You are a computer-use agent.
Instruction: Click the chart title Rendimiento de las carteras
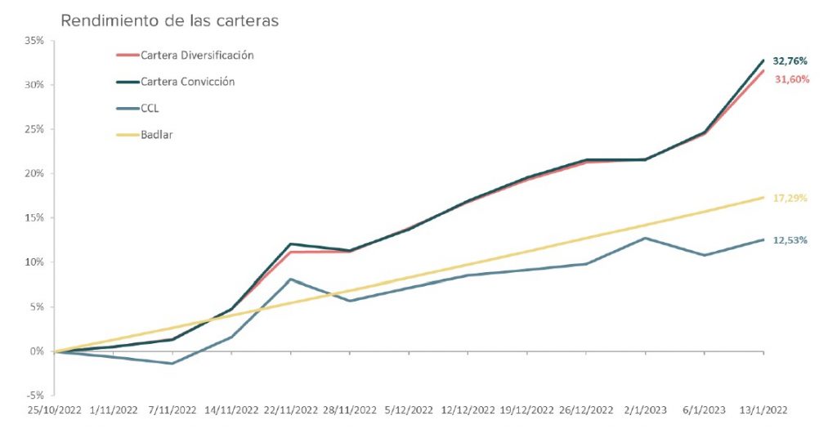[x=169, y=20]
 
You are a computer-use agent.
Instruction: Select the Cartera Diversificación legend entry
[x=197, y=56]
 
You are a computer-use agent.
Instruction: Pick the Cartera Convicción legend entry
[x=188, y=82]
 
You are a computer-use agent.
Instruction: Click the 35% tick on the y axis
[x=35, y=40]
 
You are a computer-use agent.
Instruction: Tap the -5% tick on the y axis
[x=35, y=395]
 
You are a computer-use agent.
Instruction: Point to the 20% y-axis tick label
[x=35, y=173]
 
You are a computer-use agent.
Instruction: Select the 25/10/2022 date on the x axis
[x=54, y=411]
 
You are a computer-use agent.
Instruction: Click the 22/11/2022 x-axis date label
[x=291, y=411]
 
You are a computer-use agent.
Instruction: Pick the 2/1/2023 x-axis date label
[x=646, y=411]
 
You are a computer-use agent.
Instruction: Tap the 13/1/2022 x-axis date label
[x=763, y=411]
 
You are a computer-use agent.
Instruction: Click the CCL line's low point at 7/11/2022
[x=172, y=364]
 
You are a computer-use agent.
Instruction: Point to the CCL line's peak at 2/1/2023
[x=646, y=238]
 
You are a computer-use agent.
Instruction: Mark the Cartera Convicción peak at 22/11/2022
[x=291, y=244]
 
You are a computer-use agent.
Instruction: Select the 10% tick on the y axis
[x=35, y=262]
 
